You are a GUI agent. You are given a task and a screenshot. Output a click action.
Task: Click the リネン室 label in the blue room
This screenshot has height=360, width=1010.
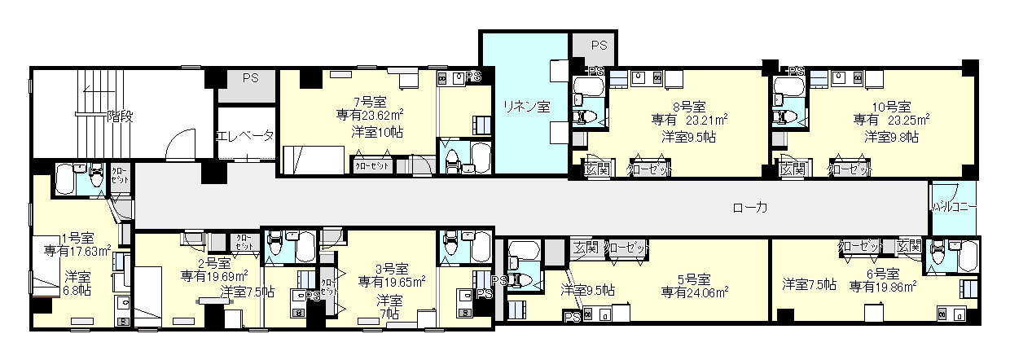pyautogui.click(x=526, y=106)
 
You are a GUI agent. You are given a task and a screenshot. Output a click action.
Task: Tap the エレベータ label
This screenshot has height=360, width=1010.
pyautogui.click(x=244, y=136)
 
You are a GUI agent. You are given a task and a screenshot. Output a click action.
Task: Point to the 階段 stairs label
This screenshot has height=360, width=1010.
pyautogui.click(x=120, y=117)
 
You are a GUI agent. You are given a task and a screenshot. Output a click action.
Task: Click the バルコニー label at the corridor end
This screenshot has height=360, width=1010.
pyautogui.click(x=954, y=208)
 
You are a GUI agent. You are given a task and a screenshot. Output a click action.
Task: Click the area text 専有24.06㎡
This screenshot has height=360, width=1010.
pyautogui.click(x=695, y=291)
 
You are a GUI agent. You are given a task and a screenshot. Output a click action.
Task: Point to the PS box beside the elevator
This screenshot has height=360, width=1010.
pyautogui.click(x=248, y=78)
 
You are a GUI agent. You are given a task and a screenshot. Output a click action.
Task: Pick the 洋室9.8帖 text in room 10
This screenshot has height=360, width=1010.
pyautogui.click(x=891, y=136)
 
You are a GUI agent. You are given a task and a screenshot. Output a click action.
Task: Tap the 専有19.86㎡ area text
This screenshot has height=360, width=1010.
pyautogui.click(x=883, y=286)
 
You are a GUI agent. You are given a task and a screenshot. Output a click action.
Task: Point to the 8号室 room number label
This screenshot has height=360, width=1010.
pyautogui.click(x=688, y=107)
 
